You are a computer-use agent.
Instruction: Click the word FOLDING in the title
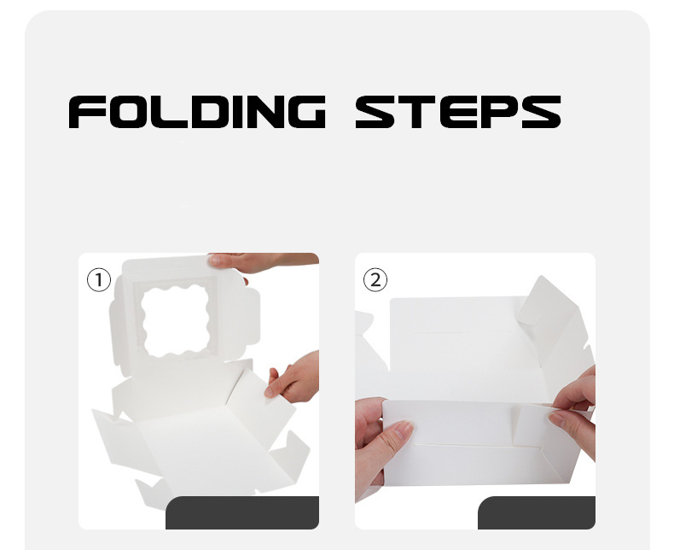click(x=196, y=112)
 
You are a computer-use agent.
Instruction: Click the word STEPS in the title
click(x=457, y=112)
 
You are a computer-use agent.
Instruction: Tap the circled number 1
click(x=99, y=279)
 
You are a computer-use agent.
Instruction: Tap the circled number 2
click(x=375, y=279)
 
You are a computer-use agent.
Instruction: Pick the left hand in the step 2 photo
click(x=380, y=448)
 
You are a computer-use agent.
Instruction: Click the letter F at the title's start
click(x=85, y=112)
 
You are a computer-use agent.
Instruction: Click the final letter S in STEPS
click(x=540, y=112)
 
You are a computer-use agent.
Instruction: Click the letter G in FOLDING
click(x=304, y=112)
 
